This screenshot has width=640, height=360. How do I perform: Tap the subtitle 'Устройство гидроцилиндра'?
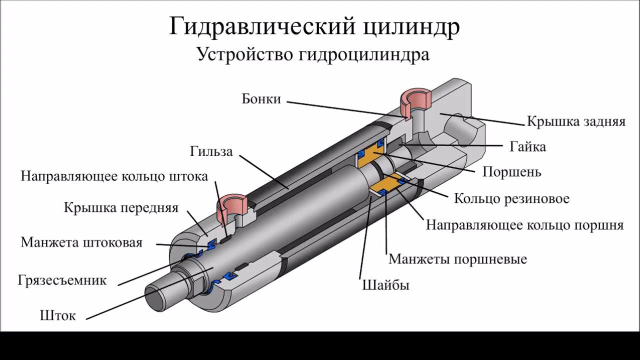tap(313, 53)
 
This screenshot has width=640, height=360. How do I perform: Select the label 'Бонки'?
tap(261, 98)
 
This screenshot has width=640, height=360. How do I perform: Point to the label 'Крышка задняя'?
tap(576, 121)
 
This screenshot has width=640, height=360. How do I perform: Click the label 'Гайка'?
tap(527, 146)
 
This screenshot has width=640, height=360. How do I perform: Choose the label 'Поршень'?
tap(511, 172)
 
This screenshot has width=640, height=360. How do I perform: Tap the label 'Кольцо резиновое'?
tap(511, 198)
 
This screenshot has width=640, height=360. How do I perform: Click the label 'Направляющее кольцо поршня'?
tap(524, 225)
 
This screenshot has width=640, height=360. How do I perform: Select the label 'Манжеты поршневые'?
tap(457, 259)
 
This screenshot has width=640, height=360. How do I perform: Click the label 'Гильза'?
tap(211, 151)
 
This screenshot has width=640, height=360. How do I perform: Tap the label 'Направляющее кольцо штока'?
tap(114, 176)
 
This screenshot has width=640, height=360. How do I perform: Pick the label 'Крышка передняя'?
tap(121, 207)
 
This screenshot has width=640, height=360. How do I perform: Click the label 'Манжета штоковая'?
tap(81, 242)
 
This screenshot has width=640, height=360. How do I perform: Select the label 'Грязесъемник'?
tap(62, 279)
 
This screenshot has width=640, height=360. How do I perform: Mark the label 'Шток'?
tap(57, 315)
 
